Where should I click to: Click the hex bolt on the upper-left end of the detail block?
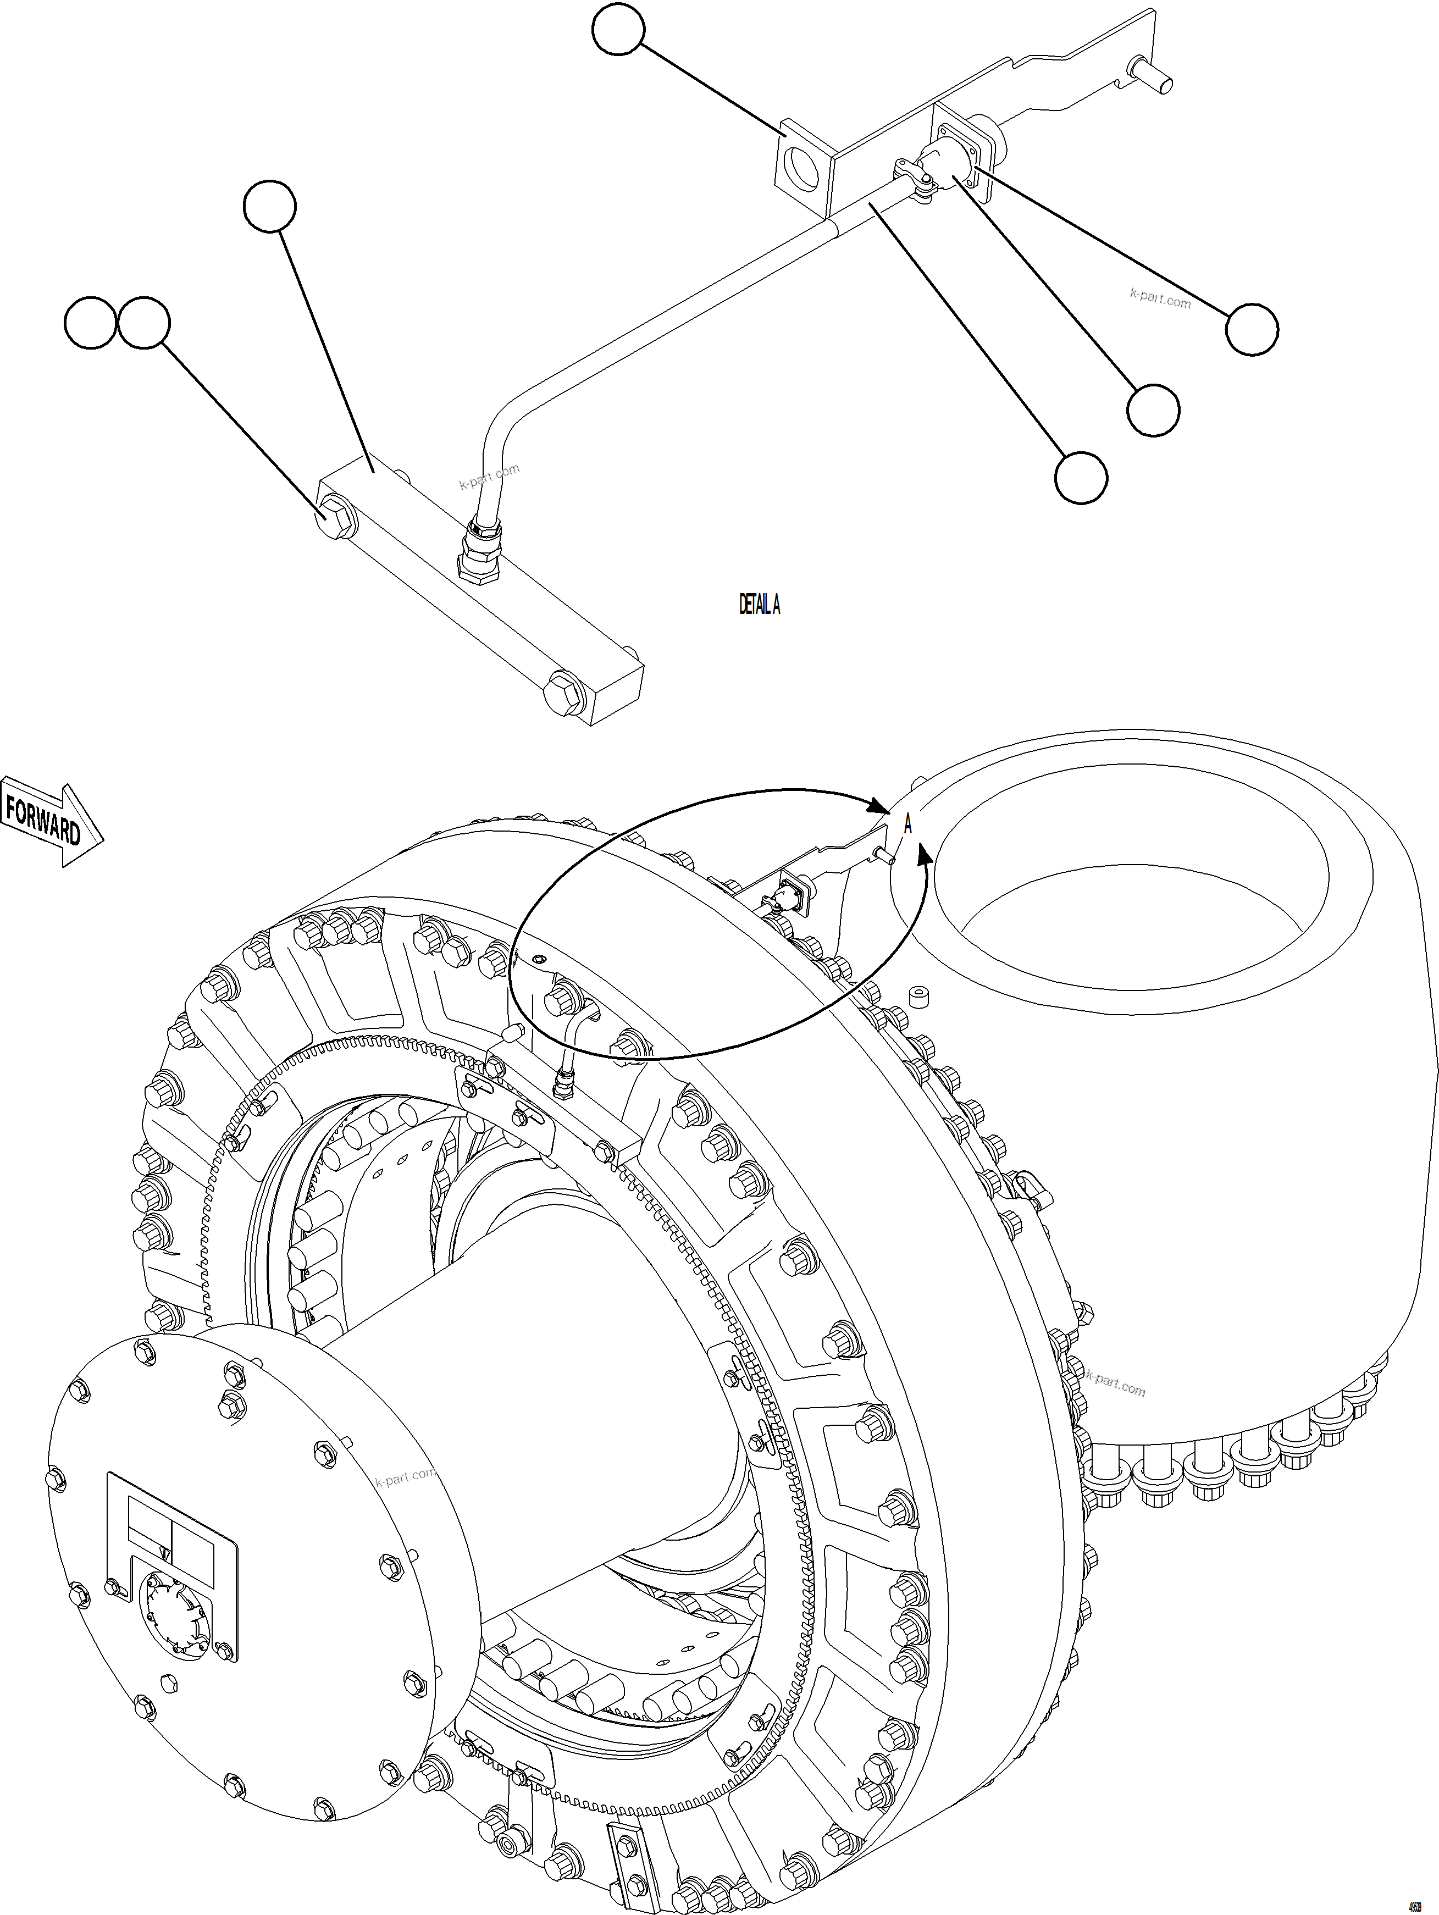(336, 517)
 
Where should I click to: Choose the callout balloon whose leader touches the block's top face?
(269, 206)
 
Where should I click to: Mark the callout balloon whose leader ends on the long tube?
(1081, 477)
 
